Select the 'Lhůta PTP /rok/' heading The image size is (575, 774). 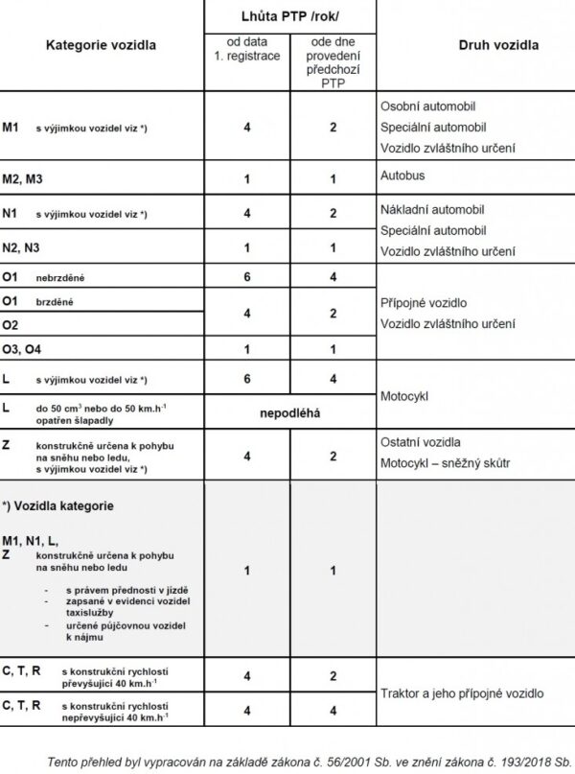288,16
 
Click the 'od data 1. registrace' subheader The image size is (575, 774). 247,50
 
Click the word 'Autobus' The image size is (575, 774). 403,177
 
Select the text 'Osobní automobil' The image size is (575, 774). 427,106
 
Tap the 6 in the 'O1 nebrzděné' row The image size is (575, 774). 247,277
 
